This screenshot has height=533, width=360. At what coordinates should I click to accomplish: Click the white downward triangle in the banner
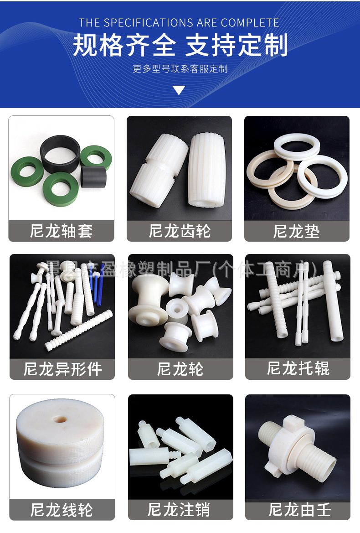click(179, 90)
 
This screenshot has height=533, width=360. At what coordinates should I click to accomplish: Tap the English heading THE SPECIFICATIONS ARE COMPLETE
click(179, 23)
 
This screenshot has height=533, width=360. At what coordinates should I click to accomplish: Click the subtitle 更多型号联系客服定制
click(180, 69)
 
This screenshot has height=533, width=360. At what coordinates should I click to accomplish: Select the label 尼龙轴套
click(61, 231)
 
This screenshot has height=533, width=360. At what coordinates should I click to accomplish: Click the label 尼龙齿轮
click(179, 231)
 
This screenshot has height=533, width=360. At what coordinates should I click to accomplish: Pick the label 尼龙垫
click(297, 231)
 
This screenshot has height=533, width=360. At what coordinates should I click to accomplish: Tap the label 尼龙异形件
click(62, 369)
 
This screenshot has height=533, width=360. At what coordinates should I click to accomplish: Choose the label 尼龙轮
click(180, 369)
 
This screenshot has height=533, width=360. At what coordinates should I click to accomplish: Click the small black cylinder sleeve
click(93, 176)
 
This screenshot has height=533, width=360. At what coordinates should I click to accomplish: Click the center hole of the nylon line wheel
click(59, 419)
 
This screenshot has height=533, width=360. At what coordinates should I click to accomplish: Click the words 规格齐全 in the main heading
click(124, 46)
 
